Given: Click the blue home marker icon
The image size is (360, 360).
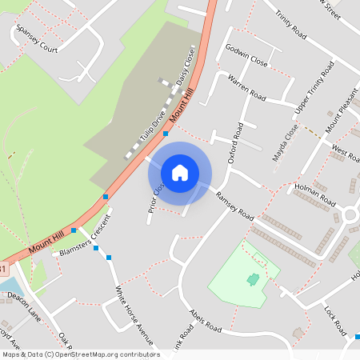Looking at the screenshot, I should (180, 173).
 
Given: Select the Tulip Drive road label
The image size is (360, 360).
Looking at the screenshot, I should (152, 124).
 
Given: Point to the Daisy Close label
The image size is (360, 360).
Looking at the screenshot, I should (186, 70).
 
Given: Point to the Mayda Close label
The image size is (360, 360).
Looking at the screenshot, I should (285, 142).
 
